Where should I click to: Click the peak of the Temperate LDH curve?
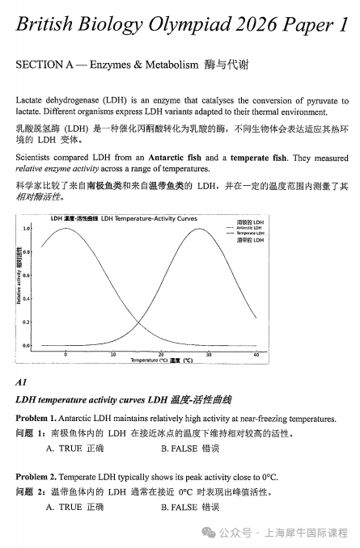(x=207, y=229)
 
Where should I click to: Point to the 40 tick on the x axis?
(x=256, y=354)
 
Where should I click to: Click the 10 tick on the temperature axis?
(x=113, y=354)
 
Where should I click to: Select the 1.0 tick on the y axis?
(x=28, y=229)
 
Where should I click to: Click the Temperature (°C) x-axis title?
(x=161, y=360)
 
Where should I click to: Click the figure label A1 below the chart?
(x=22, y=381)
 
